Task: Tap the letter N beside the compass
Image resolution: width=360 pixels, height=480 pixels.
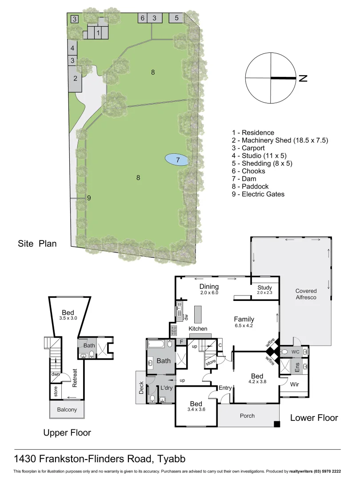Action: coord(303,78)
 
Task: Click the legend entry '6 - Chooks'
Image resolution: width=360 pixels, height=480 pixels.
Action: coord(248,171)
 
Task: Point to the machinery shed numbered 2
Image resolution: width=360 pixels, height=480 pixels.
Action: coord(75,79)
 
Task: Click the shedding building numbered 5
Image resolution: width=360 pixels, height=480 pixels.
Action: coord(176,18)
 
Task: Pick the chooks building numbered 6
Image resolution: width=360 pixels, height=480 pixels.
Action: coord(142,18)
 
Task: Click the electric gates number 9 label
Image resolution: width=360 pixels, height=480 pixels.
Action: coord(89,198)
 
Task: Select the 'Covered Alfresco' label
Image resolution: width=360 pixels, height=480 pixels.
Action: coord(306,294)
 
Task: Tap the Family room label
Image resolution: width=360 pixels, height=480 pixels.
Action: coord(244,319)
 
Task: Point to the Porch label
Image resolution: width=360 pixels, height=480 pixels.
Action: coord(247,416)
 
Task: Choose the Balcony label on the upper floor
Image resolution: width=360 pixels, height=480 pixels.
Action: coord(67,410)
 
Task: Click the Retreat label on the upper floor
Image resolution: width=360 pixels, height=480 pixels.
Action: coord(75,378)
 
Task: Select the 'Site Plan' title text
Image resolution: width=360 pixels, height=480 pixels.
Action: coord(37,244)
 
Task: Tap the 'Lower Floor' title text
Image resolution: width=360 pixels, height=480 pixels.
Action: coord(314,418)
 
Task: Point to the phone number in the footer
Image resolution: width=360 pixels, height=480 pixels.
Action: coord(326,471)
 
